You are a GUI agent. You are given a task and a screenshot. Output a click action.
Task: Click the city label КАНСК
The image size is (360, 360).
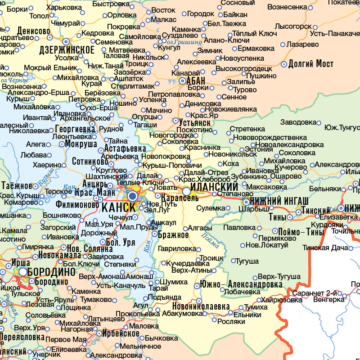[119, 208]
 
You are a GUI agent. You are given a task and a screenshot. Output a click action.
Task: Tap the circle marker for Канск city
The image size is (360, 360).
[132, 197]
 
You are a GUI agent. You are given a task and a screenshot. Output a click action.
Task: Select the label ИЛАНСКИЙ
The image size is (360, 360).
[214, 187]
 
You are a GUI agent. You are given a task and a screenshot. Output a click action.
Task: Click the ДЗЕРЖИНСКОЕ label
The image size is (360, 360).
[67, 50]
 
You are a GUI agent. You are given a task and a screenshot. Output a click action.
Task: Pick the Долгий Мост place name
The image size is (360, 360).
[311, 63]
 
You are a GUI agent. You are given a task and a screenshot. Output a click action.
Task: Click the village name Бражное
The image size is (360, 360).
[173, 234]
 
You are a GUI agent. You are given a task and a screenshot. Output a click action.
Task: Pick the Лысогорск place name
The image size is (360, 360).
[292, 27]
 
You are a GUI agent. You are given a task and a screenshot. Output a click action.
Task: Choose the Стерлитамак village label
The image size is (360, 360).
[135, 86]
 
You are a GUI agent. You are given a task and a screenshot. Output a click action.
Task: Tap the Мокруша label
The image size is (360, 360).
[81, 144]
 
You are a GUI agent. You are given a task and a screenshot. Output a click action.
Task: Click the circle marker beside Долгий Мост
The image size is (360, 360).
[284, 64]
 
